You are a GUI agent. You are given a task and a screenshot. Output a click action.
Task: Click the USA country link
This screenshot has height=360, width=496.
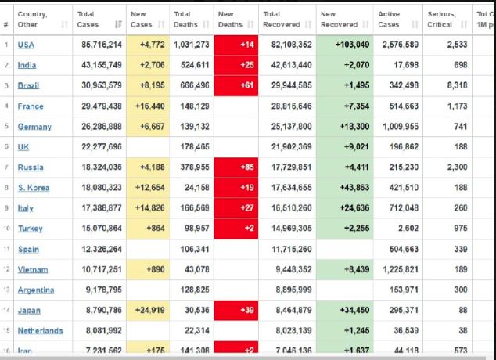click(x=26, y=45)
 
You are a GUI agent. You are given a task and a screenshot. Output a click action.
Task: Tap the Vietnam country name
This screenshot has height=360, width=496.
click(x=33, y=269)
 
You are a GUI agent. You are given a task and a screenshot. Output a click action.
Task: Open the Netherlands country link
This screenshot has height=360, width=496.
click(x=40, y=331)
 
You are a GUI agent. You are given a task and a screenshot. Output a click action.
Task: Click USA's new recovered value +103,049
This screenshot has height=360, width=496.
click(x=345, y=45)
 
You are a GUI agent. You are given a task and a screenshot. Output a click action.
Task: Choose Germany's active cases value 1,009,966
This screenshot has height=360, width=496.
click(x=398, y=127)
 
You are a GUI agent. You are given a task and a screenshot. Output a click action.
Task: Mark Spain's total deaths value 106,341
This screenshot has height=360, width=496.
click(x=193, y=250)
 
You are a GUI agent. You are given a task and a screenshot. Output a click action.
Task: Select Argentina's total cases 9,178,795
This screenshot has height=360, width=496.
click(x=101, y=290)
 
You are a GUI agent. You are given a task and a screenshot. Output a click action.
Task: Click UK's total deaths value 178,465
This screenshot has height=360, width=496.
click(x=194, y=147)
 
